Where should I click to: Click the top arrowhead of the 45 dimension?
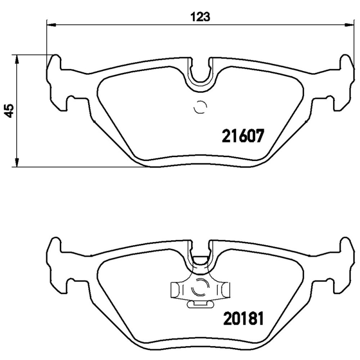(x=17, y=59)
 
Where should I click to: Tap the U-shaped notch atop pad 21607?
(x=201, y=72)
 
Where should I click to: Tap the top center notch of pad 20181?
(x=201, y=252)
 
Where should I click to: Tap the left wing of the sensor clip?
(x=177, y=289)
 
